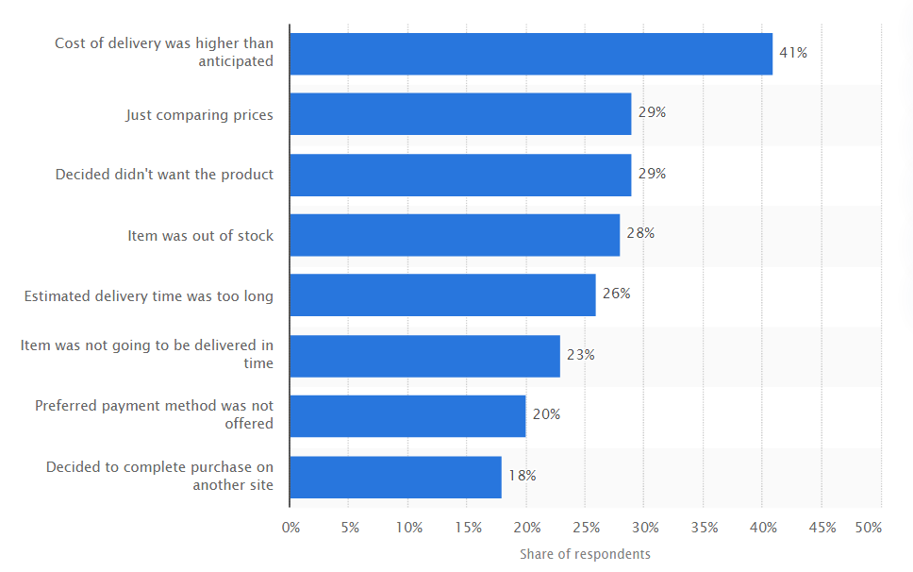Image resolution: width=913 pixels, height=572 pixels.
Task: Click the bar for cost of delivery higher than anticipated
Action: (530, 54)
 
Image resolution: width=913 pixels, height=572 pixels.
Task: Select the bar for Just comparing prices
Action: (460, 114)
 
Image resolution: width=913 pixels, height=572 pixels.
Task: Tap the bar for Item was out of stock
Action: (455, 235)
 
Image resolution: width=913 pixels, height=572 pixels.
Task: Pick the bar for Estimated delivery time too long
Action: (442, 294)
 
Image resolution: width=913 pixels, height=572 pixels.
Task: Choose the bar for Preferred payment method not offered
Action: (407, 415)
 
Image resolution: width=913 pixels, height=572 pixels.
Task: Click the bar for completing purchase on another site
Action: (395, 477)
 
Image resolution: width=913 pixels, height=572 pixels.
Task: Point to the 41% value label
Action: (793, 53)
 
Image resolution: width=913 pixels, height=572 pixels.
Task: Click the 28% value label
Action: (640, 233)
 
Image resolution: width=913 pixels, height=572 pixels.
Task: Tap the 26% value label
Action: (616, 294)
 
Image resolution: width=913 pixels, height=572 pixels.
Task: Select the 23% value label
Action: (580, 355)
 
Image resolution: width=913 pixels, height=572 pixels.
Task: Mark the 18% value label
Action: (522, 476)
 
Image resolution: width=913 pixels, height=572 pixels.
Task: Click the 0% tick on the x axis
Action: (290, 528)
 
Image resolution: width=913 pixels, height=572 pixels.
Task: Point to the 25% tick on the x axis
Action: (586, 528)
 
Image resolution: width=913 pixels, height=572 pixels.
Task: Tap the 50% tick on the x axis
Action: (867, 528)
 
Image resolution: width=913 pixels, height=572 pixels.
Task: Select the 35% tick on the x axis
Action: (704, 528)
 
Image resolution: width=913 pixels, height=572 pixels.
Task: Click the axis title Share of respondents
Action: (585, 554)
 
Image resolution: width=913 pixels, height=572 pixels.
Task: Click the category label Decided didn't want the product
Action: (164, 175)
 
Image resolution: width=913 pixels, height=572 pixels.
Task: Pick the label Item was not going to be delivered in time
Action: (147, 355)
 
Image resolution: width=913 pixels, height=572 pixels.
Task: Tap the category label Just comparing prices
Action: (200, 115)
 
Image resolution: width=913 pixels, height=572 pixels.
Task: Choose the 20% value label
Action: (546, 414)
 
